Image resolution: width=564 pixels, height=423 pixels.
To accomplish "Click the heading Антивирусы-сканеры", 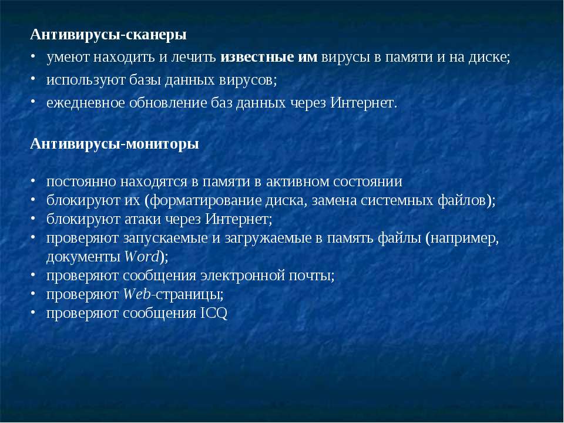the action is pyautogui.click(x=108, y=35).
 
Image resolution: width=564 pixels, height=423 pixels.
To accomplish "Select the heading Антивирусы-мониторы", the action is pyautogui.click(x=115, y=145).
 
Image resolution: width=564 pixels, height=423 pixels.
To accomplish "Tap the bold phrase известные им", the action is pyautogui.click(x=268, y=57).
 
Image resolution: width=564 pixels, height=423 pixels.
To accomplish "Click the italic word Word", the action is pyautogui.click(x=142, y=257).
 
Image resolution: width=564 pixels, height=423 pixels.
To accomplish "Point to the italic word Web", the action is pyautogui.click(x=137, y=294).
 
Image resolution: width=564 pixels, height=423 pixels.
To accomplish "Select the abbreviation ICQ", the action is pyautogui.click(x=214, y=313).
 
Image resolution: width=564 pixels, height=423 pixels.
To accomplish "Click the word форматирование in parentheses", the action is pyautogui.click(x=206, y=201).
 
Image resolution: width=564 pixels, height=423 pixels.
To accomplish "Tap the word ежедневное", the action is pyautogui.click(x=86, y=103).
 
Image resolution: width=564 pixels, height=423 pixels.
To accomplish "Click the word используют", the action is pyautogui.click(x=86, y=80).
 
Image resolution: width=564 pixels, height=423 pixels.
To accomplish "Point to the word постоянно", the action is pyautogui.click(x=81, y=182).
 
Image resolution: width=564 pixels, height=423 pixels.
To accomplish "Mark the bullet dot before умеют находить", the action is pyautogui.click(x=33, y=56).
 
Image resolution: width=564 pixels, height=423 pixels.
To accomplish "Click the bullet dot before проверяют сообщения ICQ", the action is pyautogui.click(x=33, y=312).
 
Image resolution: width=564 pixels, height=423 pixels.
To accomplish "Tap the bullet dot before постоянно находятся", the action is pyautogui.click(x=33, y=180).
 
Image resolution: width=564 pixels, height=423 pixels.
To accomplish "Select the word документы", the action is pyautogui.click(x=83, y=257).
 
